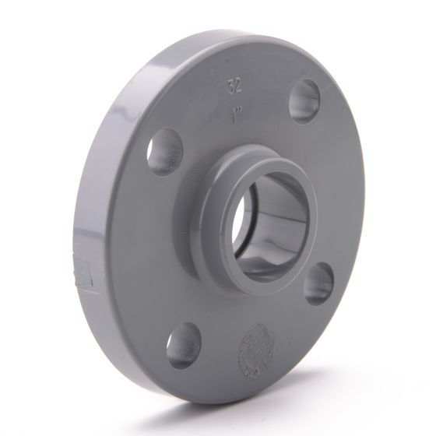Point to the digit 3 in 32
229,83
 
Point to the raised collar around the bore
234,187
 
